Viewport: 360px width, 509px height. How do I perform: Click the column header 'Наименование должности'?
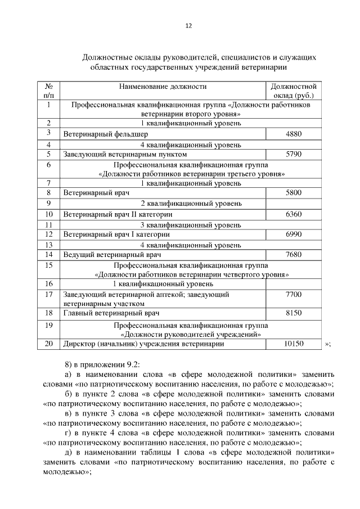(162, 87)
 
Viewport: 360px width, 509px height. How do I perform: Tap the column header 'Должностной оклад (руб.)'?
(293, 91)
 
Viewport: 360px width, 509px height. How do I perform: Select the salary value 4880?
(294, 134)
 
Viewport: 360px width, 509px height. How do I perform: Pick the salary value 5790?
(294, 154)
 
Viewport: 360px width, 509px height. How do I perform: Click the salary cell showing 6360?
(294, 214)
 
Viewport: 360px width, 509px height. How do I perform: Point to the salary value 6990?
(294, 234)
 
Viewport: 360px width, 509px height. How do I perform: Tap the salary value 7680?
(294, 254)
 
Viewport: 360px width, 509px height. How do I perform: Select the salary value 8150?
(294, 312)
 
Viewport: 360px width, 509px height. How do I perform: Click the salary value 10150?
(294, 344)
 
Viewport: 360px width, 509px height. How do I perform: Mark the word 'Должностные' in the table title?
(106, 57)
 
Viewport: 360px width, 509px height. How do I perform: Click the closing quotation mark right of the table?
(327, 344)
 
